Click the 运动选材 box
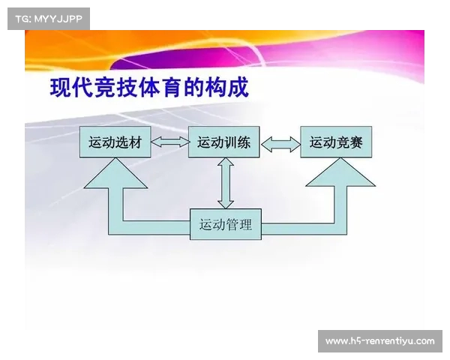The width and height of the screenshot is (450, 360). click(x=115, y=142)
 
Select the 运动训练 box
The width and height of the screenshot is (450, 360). click(x=223, y=142)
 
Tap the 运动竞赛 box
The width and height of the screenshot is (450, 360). click(x=336, y=142)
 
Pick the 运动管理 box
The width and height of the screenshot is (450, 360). click(x=226, y=224)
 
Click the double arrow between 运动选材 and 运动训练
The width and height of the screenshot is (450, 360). click(x=169, y=142)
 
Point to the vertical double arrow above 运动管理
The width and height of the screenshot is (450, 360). click(x=226, y=183)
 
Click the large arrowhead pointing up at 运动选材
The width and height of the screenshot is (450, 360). click(x=115, y=173)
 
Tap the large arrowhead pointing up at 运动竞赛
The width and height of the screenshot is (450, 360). click(x=340, y=172)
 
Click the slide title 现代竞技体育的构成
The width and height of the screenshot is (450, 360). click(x=149, y=87)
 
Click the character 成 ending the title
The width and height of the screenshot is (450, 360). click(x=238, y=87)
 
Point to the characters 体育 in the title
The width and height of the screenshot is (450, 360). click(x=160, y=87)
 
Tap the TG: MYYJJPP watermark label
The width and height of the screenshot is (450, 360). click(x=49, y=19)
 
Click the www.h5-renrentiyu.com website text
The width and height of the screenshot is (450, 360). click(x=380, y=341)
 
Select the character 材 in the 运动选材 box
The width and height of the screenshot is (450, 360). click(x=135, y=142)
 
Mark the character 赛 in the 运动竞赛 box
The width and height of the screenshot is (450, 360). click(x=355, y=142)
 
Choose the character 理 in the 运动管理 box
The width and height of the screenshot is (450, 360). click(x=245, y=224)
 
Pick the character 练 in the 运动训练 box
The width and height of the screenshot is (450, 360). click(x=244, y=142)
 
